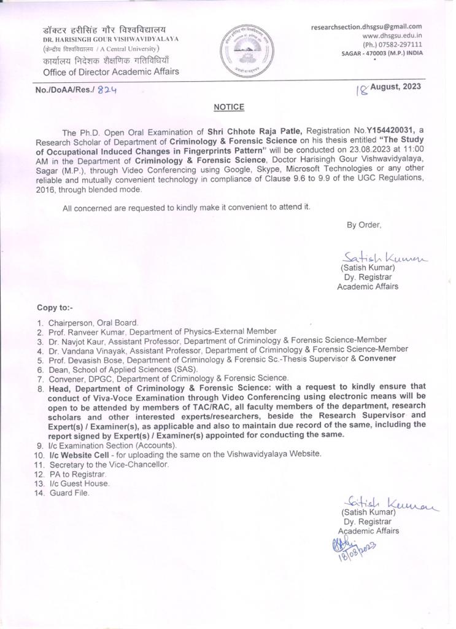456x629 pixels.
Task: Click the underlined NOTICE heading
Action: [229, 107]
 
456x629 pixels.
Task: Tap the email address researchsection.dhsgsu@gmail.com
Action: [366, 26]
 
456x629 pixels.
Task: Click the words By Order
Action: [364, 225]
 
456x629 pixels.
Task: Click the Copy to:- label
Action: [55, 307]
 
